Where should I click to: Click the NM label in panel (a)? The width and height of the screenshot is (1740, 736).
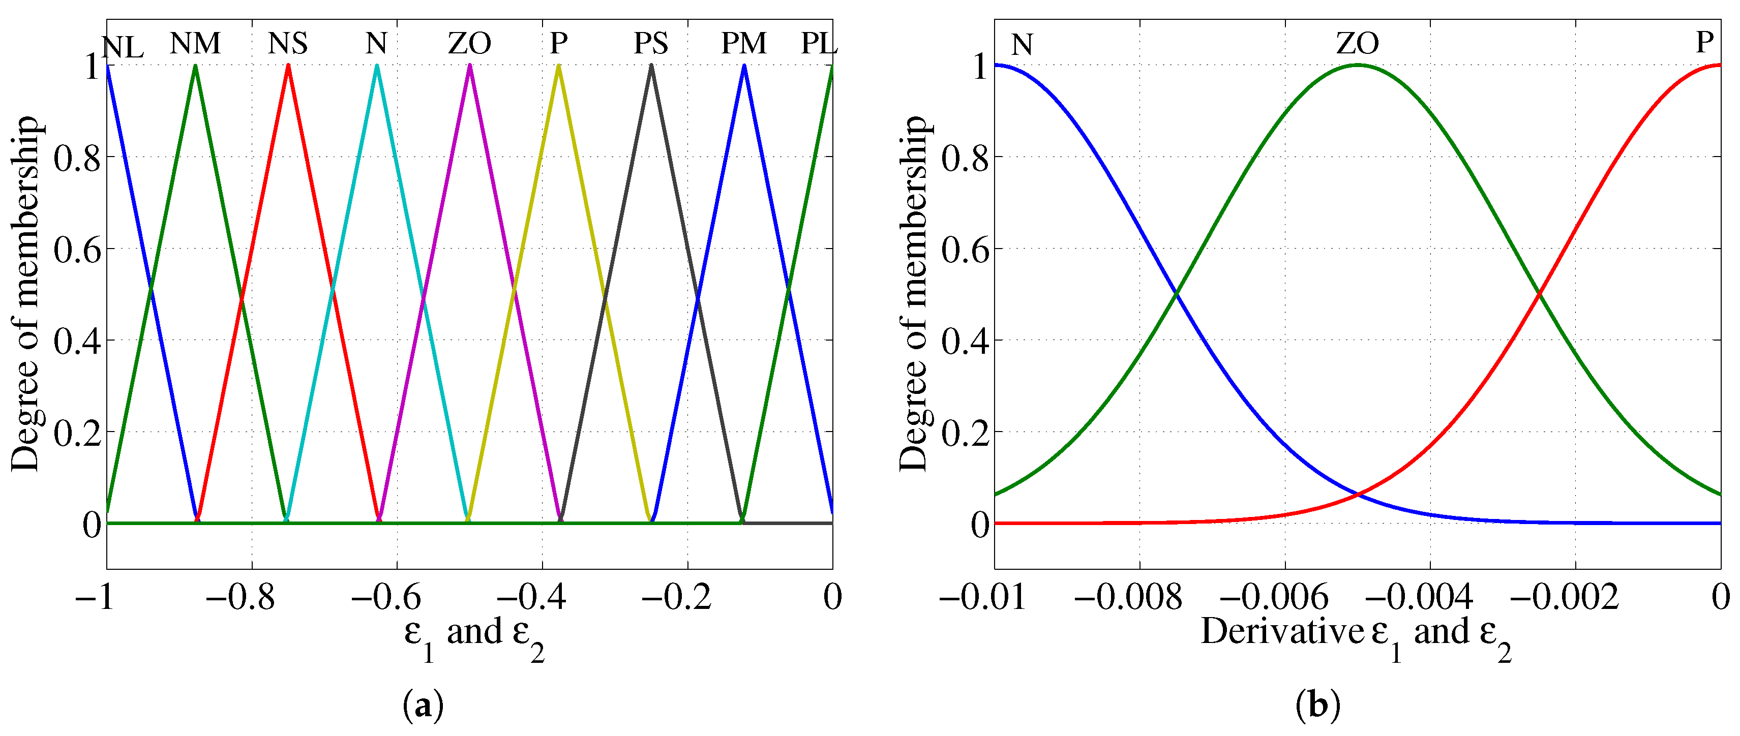[195, 44]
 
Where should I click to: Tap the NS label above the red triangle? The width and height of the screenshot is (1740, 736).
[288, 44]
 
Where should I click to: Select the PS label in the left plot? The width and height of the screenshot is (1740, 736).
[650, 44]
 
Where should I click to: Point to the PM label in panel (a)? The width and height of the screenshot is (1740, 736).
[744, 44]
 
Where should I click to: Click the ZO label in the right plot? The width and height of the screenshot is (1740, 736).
[1358, 44]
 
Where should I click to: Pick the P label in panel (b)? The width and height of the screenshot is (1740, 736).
[1705, 43]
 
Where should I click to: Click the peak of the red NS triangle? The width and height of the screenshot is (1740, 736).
[288, 66]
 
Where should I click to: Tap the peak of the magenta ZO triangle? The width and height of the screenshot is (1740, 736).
[469, 66]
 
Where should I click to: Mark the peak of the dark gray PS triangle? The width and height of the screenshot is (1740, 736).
[651, 66]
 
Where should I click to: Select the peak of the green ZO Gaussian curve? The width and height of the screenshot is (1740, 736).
[1358, 66]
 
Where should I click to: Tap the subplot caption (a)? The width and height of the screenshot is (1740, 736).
[423, 707]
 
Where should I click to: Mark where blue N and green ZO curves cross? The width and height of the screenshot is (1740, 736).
[1177, 294]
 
